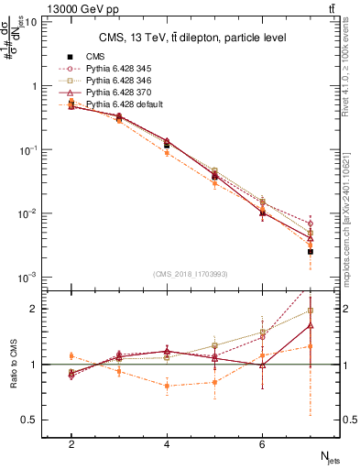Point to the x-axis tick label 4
(167, 444)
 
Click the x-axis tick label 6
(262, 444)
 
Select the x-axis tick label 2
(71, 444)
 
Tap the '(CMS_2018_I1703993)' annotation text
(190, 274)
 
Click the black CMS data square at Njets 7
(311, 251)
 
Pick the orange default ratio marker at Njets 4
(167, 386)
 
